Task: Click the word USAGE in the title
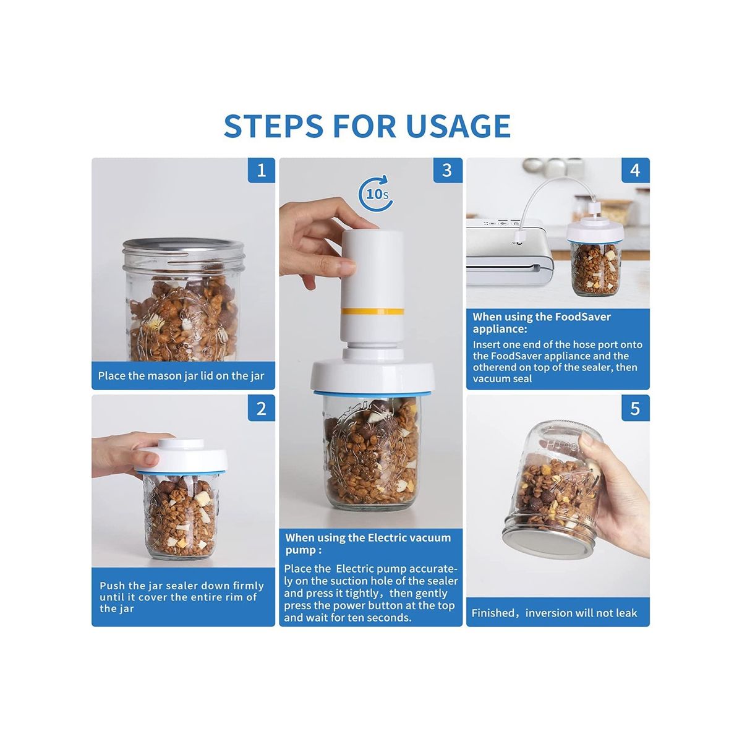tap(458, 125)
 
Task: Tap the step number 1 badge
tap(262, 170)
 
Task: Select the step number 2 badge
tap(262, 407)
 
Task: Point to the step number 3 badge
tap(447, 170)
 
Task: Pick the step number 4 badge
tap(636, 170)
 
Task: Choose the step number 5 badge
tap(636, 407)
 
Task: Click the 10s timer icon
tap(375, 194)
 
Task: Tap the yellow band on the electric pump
tap(372, 311)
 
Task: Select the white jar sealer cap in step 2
tap(182, 457)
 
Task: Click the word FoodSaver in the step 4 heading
tap(582, 317)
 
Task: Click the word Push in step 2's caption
tap(113, 586)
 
